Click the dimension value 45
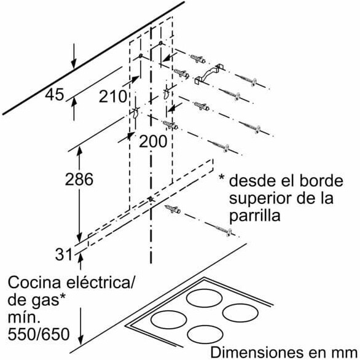click(54, 95)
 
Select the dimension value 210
click(112, 96)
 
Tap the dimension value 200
click(153, 141)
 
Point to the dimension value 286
click(79, 179)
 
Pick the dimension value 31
click(64, 254)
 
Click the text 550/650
click(39, 334)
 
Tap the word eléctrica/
click(100, 283)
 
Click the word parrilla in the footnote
click(254, 216)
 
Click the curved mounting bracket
click(209, 73)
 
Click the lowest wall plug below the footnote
click(173, 209)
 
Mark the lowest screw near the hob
click(223, 230)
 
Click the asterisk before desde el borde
click(222, 178)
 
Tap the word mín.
click(23, 317)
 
